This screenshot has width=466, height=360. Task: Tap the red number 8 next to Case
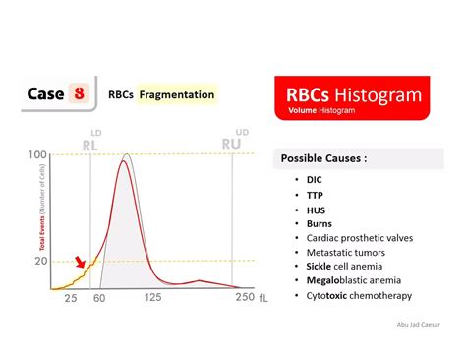(x=76, y=94)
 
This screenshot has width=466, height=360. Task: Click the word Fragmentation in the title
(x=177, y=95)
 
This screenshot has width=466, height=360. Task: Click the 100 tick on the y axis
(x=38, y=155)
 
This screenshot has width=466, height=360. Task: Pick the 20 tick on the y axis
(x=40, y=261)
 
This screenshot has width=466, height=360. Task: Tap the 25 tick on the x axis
(x=71, y=298)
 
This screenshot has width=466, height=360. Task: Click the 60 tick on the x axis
(x=99, y=298)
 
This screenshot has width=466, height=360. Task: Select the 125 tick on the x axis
(x=153, y=298)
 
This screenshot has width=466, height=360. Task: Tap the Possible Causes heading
(x=325, y=158)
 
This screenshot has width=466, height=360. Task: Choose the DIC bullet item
(x=316, y=179)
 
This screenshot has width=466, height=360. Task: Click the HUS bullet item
(x=317, y=209)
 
